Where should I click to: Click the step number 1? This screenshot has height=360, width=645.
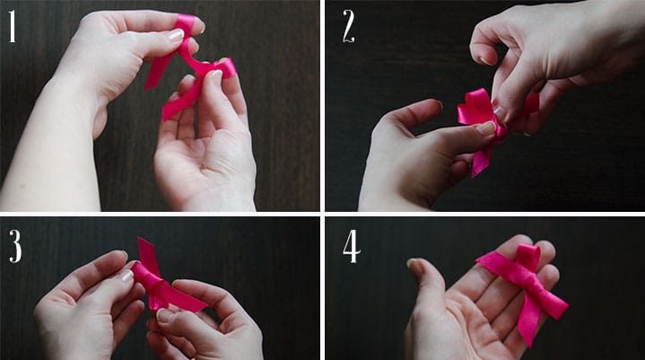13,26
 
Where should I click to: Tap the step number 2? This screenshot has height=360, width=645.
349,26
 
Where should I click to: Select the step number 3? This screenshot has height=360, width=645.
15,246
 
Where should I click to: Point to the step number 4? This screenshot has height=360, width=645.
352,246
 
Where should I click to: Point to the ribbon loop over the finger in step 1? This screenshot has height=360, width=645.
187,25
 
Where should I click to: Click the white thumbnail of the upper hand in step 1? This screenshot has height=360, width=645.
176,35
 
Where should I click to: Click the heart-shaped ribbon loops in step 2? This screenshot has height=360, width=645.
477,107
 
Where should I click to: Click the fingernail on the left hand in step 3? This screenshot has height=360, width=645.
127,276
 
